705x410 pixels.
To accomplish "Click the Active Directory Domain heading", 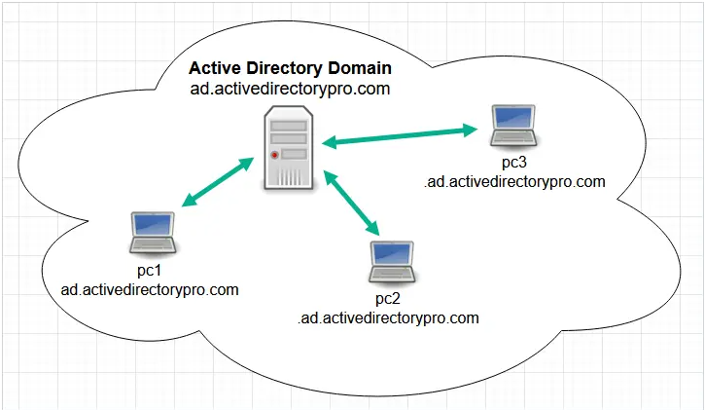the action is point(290,68).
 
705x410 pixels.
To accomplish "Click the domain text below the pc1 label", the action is point(150,289).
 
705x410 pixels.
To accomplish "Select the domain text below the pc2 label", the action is point(389,317).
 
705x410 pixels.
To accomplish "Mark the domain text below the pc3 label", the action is point(514,181).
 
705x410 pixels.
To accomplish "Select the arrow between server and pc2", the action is point(352,205).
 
